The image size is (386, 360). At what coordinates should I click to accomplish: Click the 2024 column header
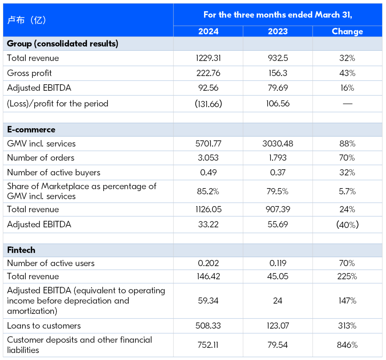(x=208, y=31)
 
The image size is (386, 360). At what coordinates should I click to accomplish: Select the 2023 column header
(x=278, y=31)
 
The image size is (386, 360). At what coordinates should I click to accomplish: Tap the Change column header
(x=347, y=31)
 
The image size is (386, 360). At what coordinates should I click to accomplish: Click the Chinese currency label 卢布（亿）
(x=26, y=20)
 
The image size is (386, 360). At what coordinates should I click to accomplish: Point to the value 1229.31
(x=208, y=58)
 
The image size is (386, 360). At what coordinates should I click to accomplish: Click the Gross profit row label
(x=29, y=73)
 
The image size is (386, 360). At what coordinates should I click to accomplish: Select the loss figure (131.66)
(x=208, y=104)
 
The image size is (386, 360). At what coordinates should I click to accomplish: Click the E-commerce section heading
(x=31, y=130)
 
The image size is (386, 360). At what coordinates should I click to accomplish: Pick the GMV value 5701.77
(x=208, y=144)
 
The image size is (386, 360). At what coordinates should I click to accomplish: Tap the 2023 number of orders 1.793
(x=278, y=158)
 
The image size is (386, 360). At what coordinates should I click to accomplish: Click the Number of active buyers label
(x=54, y=172)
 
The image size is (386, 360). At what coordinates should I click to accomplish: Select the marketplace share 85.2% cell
(x=208, y=191)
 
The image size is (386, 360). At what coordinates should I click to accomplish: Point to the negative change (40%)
(x=347, y=225)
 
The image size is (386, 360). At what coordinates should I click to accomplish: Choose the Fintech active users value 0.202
(x=208, y=263)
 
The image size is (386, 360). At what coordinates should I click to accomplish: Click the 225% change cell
(x=347, y=276)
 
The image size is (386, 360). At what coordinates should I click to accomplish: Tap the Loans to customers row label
(x=44, y=326)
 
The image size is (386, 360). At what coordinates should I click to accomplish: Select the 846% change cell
(x=347, y=345)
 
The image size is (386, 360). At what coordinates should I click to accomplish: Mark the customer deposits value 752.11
(x=208, y=345)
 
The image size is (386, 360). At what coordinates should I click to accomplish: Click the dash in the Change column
(x=347, y=104)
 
